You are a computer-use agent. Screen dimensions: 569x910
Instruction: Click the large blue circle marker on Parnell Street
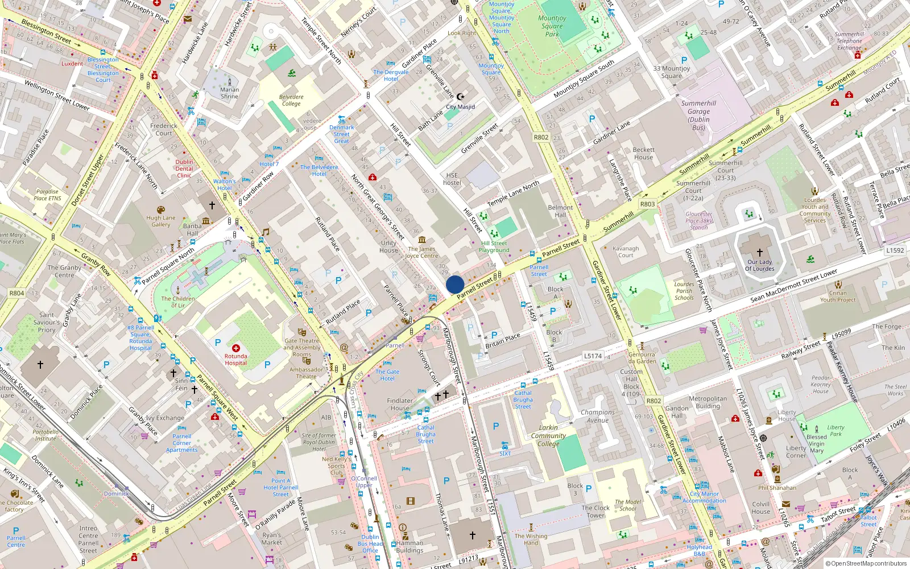[455, 284]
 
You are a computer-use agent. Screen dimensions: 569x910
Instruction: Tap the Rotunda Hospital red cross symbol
[236, 348]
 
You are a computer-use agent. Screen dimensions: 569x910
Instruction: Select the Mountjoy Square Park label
[552, 26]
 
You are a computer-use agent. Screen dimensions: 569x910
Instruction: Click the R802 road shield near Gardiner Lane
[541, 137]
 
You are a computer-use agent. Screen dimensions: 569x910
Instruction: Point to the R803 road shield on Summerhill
[647, 204]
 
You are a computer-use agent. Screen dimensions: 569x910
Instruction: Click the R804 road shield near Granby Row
[16, 293]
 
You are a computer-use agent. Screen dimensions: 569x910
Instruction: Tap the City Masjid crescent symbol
[461, 97]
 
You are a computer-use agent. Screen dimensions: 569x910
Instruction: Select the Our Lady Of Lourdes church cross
[760, 252]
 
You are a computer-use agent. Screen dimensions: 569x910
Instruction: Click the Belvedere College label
[291, 100]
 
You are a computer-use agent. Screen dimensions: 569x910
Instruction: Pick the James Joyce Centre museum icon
[422, 240]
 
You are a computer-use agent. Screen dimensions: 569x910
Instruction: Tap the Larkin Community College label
[548, 435]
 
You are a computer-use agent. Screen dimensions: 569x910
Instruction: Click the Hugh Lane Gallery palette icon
[161, 210]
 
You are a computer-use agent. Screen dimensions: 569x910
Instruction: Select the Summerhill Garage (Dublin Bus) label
[698, 116]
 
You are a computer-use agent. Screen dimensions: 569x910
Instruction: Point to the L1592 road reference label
[895, 250]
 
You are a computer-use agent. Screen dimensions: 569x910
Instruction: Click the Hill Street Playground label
[494, 246]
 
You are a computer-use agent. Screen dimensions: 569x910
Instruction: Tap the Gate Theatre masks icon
[303, 332]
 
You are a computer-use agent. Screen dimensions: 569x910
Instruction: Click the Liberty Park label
[835, 431]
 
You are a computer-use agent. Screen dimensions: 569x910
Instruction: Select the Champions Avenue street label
[598, 416]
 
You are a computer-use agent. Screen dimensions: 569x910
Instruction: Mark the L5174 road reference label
[593, 356]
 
